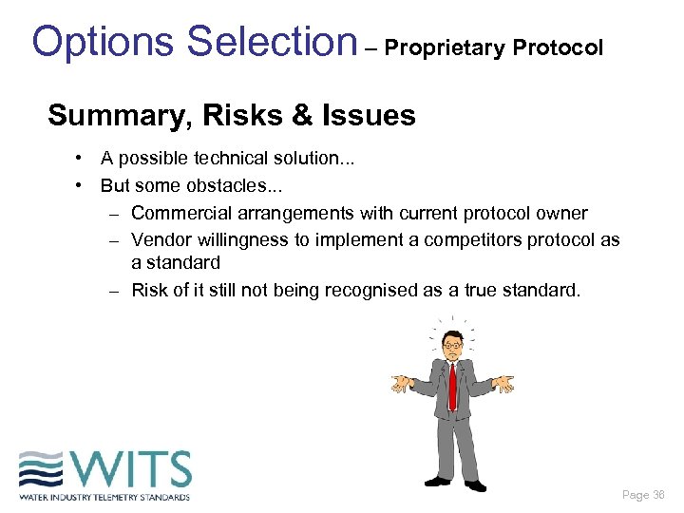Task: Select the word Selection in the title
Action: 271,42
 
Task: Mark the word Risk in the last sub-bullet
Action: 150,291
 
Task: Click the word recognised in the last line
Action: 370,291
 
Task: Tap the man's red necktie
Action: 452,386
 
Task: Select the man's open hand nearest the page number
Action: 503,384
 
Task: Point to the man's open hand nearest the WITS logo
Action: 403,383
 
